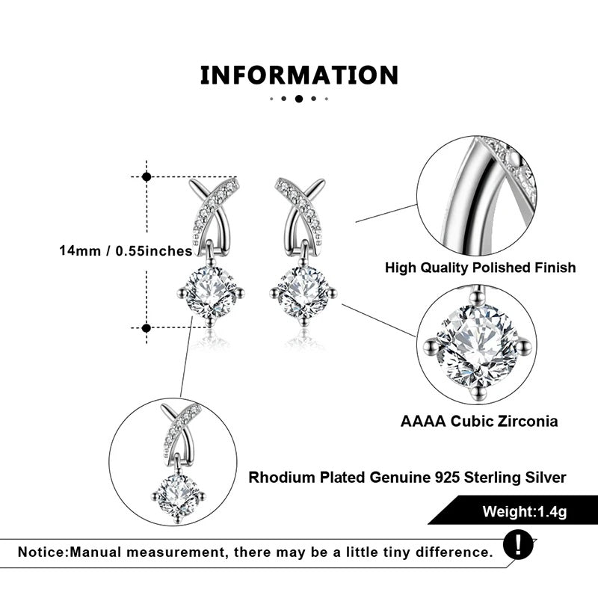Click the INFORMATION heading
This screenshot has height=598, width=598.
(299, 75)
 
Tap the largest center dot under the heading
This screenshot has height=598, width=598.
(299, 99)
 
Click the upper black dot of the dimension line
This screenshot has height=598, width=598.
(147, 176)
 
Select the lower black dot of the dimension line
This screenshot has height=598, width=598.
(146, 328)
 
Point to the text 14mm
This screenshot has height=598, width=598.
(80, 250)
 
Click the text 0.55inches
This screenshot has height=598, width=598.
(154, 250)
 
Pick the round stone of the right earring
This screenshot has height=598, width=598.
(303, 292)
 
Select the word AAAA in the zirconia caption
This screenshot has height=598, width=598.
(423, 421)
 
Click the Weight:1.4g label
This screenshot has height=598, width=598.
(525, 511)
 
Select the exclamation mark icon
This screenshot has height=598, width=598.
(518, 545)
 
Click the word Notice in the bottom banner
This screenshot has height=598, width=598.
(43, 552)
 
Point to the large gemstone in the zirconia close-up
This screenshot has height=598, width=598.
(477, 345)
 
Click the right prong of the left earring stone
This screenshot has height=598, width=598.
(239, 294)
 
